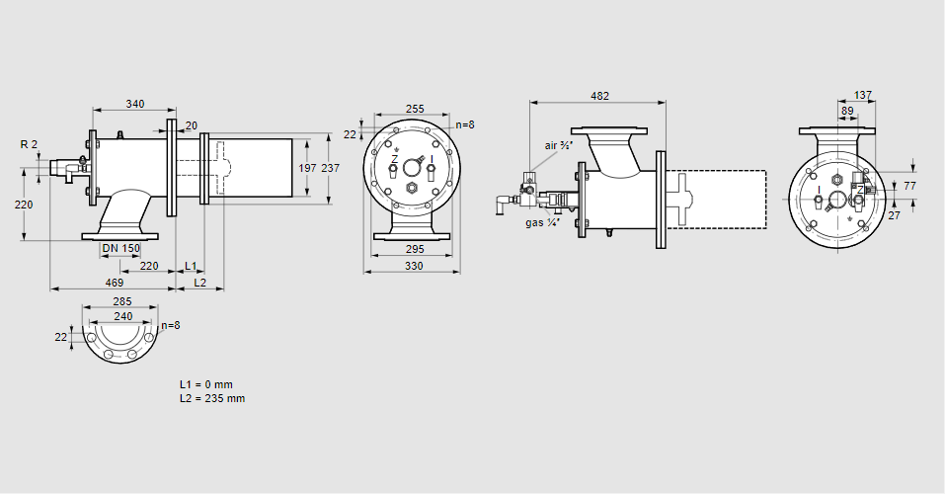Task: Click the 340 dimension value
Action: click(x=135, y=104)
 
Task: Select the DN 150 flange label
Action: click(x=121, y=247)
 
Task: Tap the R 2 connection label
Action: click(x=29, y=144)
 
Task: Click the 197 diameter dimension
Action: click(x=309, y=168)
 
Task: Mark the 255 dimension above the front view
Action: click(x=415, y=110)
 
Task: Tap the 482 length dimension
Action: click(x=599, y=96)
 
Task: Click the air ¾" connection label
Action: click(x=559, y=145)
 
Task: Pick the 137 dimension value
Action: click(x=863, y=96)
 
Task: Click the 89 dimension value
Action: click(x=847, y=112)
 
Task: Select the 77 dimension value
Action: click(x=910, y=185)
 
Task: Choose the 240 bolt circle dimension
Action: click(x=122, y=316)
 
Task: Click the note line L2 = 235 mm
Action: click(x=212, y=398)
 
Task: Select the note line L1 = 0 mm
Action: click(x=205, y=383)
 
